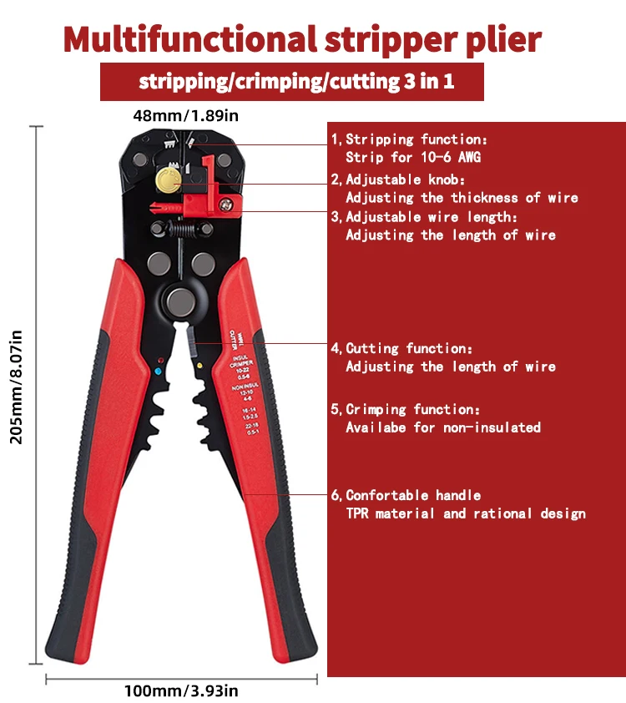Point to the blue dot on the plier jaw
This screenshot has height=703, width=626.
(159, 369)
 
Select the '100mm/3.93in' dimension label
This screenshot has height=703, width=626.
(181, 690)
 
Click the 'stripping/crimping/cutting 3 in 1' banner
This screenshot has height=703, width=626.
(291, 82)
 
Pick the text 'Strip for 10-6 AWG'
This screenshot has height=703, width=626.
(413, 157)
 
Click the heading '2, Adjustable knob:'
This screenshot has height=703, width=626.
(398, 180)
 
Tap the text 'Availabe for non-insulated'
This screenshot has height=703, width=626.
(443, 427)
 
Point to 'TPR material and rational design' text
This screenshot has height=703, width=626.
(466, 513)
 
